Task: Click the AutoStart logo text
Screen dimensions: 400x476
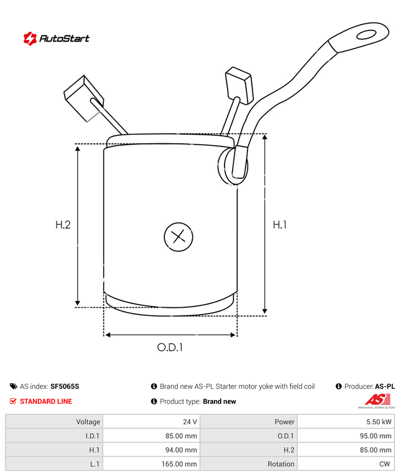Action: click(x=64, y=38)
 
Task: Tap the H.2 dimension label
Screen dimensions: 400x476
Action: click(x=63, y=225)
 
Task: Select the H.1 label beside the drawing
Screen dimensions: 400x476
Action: click(x=279, y=225)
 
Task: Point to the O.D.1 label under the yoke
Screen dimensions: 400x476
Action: click(x=170, y=347)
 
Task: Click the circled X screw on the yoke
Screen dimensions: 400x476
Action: click(x=179, y=237)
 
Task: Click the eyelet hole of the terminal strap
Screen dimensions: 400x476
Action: click(x=366, y=35)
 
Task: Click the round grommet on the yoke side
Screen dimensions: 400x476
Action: click(x=224, y=166)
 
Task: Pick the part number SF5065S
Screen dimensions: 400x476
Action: click(x=65, y=386)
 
